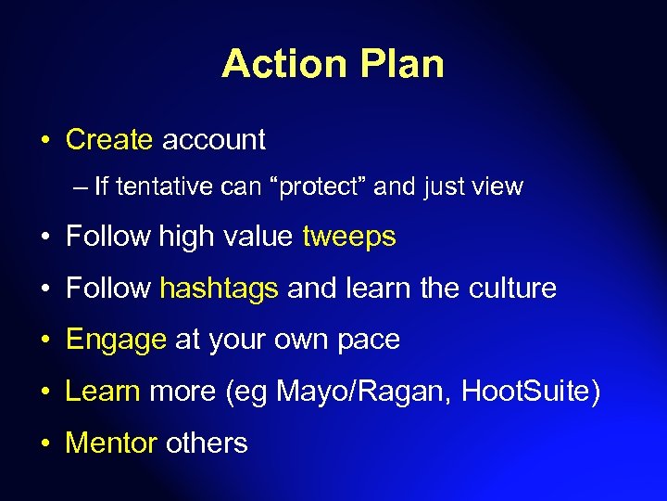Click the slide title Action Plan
[x=333, y=64]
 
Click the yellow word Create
[x=109, y=140]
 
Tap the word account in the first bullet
[x=213, y=140]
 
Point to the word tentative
[x=164, y=187]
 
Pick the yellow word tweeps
[x=349, y=238]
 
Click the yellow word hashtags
[x=219, y=289]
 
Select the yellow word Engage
[x=116, y=340]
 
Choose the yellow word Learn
[x=102, y=392]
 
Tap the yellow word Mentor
[x=111, y=443]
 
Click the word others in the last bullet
[x=207, y=443]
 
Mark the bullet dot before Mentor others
[x=44, y=443]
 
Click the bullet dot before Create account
[x=44, y=141]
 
